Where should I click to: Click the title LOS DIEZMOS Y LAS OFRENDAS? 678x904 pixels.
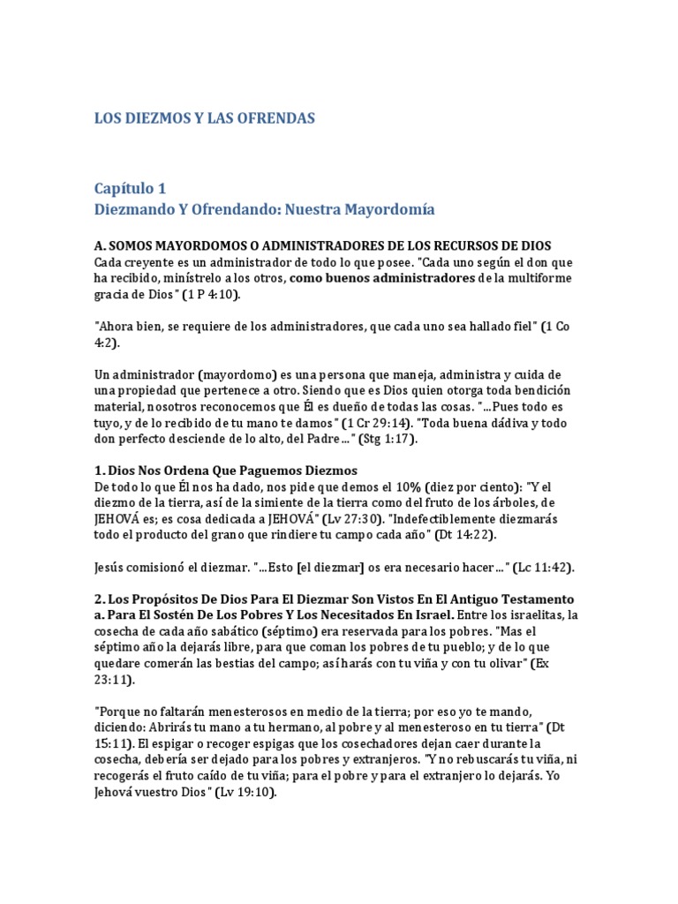[204, 117]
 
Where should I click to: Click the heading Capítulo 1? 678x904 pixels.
[130, 188]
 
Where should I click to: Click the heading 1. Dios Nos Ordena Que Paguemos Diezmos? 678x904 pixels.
[225, 471]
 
